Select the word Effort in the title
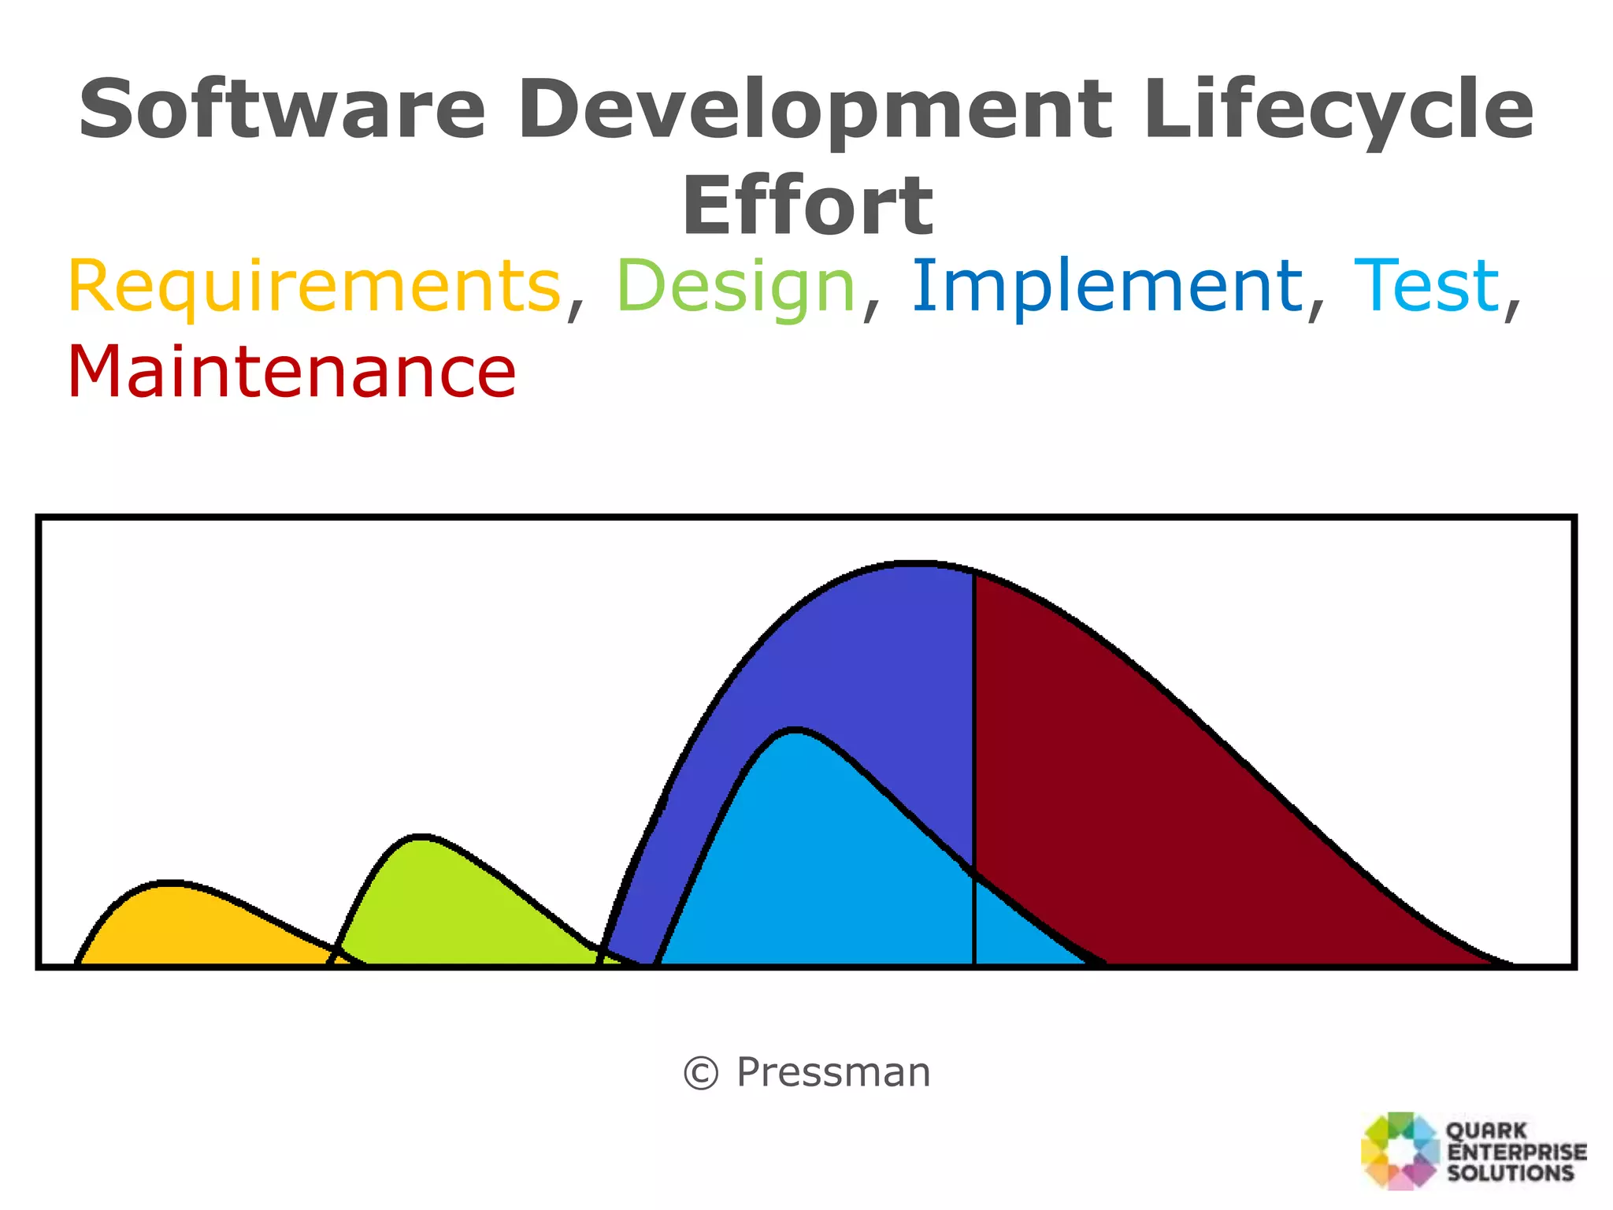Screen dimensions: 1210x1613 [806, 206]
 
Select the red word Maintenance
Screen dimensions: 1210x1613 [291, 372]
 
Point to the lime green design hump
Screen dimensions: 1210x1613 [441, 906]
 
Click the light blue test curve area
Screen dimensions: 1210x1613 [811, 867]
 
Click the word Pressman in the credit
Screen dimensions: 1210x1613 [833, 1073]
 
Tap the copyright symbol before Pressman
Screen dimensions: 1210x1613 [700, 1074]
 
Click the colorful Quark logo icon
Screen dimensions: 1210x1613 [1400, 1150]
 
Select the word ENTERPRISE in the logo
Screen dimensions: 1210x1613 [1517, 1152]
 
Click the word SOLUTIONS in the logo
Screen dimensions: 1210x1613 [1510, 1173]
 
